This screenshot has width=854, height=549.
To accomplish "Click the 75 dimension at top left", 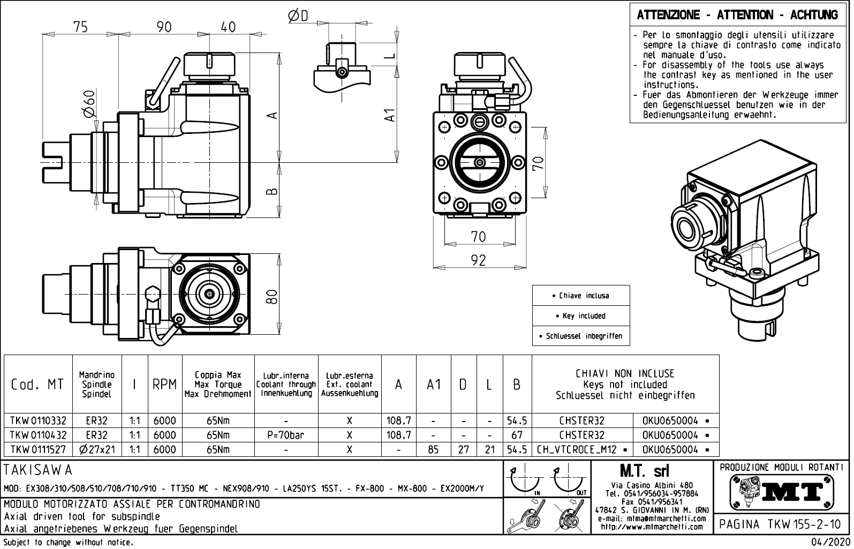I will click(81, 27).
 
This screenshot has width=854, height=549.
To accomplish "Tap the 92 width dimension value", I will click(478, 260).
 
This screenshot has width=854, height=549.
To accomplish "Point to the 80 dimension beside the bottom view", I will click(273, 296).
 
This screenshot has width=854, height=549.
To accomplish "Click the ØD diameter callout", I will click(298, 17).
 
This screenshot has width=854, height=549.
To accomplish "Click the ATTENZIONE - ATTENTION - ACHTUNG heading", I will click(737, 15).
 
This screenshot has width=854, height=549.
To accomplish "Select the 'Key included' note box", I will click(581, 316).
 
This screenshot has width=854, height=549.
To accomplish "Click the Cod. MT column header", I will click(37, 385).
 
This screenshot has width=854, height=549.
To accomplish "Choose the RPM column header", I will click(164, 385).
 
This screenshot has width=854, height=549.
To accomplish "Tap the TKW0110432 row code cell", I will click(37, 435).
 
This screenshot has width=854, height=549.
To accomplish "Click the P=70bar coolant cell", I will click(286, 435).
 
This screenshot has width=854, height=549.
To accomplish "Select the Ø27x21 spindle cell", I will click(97, 449).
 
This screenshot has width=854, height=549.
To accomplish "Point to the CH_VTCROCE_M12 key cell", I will click(582, 449).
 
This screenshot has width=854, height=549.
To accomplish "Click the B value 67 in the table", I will click(516, 435).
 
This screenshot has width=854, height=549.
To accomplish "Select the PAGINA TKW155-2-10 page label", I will click(780, 524).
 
